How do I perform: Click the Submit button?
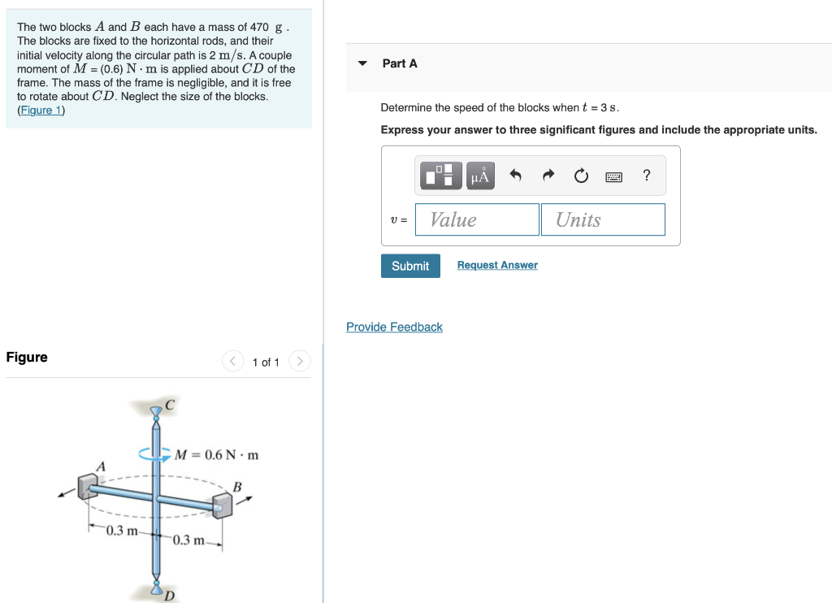click(410, 266)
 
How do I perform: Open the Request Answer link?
click(497, 266)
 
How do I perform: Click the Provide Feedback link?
click(394, 327)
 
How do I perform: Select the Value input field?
click(477, 219)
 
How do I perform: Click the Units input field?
click(603, 219)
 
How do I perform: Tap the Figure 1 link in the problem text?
click(41, 110)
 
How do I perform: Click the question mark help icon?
click(646, 175)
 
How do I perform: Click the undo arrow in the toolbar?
click(515, 175)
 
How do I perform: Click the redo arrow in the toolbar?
click(548, 175)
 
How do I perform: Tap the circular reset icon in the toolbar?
click(580, 175)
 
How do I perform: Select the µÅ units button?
click(479, 175)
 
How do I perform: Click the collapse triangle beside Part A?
click(363, 63)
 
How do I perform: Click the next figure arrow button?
click(300, 361)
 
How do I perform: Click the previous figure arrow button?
click(232, 361)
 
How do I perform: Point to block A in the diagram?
click(87, 486)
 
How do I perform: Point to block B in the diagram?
click(222, 505)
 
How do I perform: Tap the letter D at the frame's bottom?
click(170, 596)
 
